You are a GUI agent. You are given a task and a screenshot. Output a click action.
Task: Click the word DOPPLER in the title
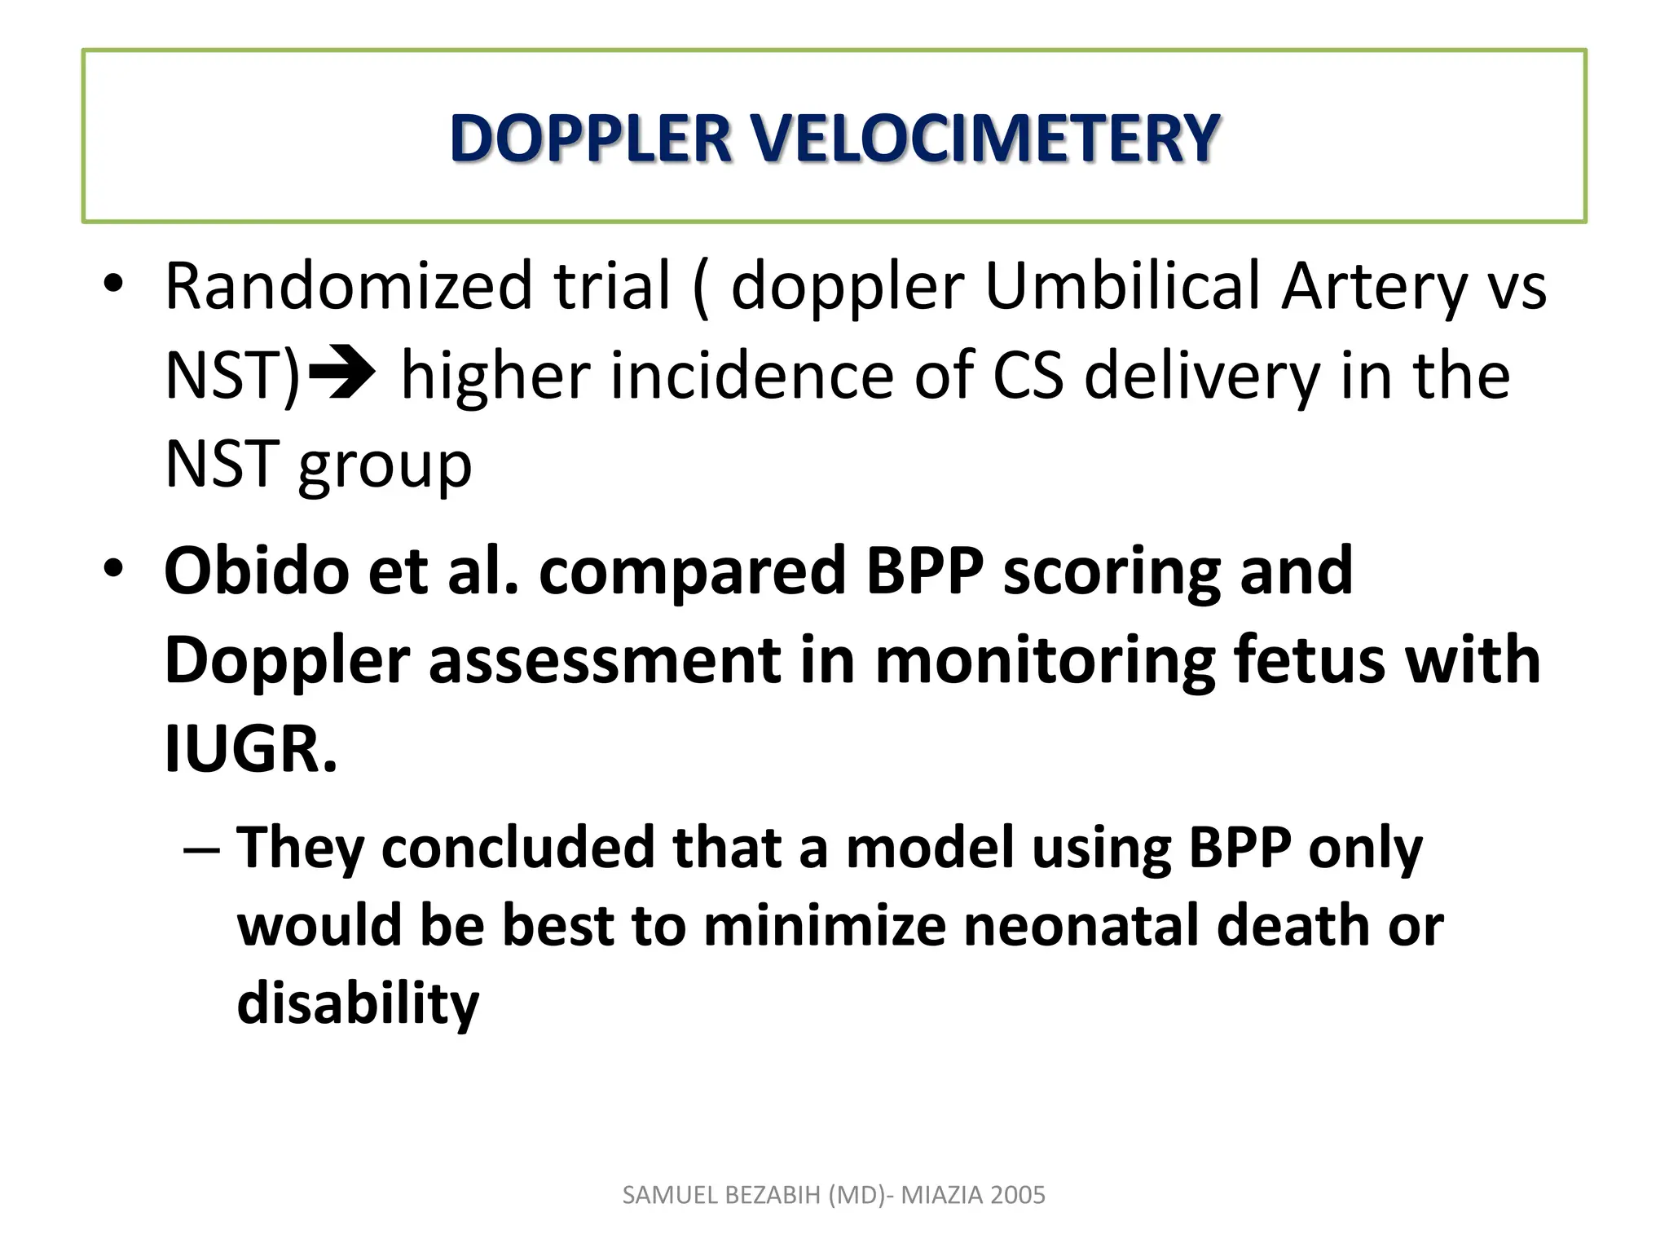click(x=591, y=139)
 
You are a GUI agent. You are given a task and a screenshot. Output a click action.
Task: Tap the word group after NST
click(x=385, y=466)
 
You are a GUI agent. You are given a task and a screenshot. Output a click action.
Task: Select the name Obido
click(x=257, y=571)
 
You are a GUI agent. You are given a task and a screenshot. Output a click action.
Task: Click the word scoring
click(x=1112, y=573)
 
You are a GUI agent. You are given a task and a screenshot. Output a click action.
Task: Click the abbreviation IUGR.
click(x=249, y=748)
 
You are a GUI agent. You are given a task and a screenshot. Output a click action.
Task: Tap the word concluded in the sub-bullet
click(x=517, y=848)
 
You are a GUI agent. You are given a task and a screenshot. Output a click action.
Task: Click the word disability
click(x=358, y=1004)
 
